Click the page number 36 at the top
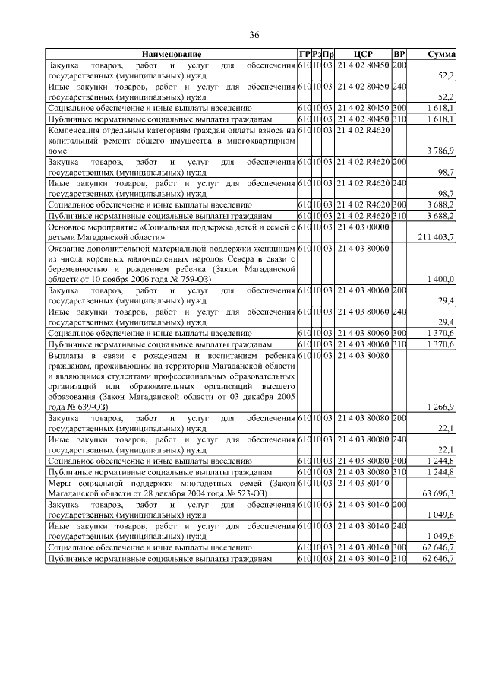pyautogui.click(x=255, y=35)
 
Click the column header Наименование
pyautogui.click(x=171, y=55)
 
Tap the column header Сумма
pyautogui.click(x=440, y=55)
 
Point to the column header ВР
pyautogui.click(x=399, y=55)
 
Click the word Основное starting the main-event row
pyautogui.click(x=71, y=227)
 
